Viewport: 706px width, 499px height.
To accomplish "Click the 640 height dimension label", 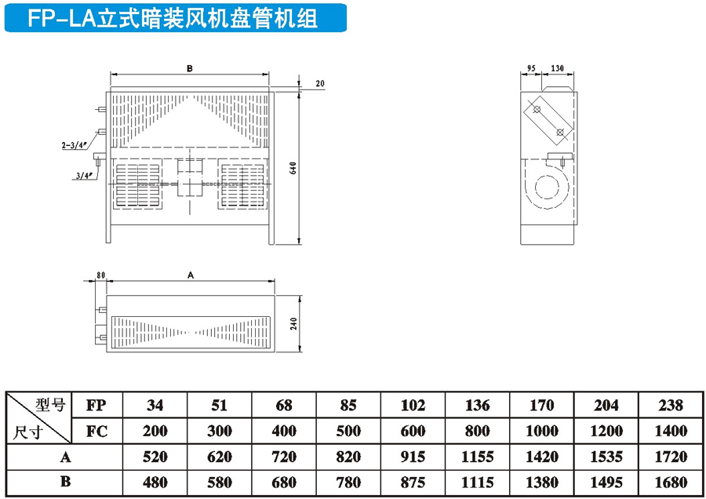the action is pos(293,169).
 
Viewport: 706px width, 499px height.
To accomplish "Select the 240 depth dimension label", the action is pos(293,324).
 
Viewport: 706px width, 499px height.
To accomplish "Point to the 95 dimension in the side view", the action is pos(531,68).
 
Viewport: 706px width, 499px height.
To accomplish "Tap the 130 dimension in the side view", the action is pos(557,68).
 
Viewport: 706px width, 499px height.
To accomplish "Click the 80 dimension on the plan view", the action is pos(100,275).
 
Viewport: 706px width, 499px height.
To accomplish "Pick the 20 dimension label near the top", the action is pos(320,84).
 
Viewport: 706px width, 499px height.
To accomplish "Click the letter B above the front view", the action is pos(190,69).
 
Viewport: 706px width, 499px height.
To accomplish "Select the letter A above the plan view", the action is pos(191,275).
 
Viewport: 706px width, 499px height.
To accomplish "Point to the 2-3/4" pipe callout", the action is pos(74,145).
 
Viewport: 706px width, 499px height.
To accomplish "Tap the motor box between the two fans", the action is pos(190,178).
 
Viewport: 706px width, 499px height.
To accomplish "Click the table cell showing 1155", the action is pos(477,457).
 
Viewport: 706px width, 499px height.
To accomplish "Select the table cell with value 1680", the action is pos(671,483).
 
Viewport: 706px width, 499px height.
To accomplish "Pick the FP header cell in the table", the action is pos(97,406).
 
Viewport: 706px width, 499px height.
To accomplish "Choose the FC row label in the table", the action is pos(97,432).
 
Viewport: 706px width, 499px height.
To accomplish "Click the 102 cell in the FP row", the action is pos(413,406).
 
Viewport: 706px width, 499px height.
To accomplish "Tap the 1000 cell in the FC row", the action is pos(541,432).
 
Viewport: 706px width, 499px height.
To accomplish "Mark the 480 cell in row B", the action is pos(155,483).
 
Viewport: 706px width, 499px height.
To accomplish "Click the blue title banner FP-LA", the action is pos(176,18).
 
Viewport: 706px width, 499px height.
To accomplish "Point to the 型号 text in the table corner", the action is pos(51,405).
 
